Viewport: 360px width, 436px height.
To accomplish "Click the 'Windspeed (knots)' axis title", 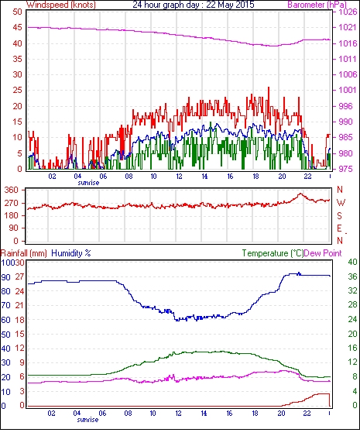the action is (61, 5).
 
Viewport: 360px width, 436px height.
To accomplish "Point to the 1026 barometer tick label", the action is (348, 12).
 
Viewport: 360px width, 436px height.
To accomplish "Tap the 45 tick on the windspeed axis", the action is (18, 28).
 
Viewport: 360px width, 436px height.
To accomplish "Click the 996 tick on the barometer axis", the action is (345, 106).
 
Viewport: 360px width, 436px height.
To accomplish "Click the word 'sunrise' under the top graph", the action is (88, 183).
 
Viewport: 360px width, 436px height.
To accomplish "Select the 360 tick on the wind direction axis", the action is (12, 191).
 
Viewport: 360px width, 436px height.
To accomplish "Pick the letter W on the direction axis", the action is (341, 203).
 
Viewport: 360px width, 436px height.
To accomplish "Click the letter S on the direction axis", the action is (339, 215).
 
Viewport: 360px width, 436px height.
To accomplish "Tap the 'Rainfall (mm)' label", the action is (24, 253).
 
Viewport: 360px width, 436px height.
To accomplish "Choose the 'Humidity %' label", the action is (71, 253).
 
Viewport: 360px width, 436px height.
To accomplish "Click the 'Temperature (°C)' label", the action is (273, 253).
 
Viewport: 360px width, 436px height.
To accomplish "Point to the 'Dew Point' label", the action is (323, 253).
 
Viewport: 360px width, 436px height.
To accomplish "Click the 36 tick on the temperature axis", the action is (352, 276).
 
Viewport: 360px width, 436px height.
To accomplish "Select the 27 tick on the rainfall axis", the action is (19, 277).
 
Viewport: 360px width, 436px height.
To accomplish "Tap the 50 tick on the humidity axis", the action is (6, 335).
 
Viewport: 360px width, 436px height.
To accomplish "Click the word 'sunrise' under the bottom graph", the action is (87, 420).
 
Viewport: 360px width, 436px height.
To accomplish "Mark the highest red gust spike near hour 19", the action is (269, 88).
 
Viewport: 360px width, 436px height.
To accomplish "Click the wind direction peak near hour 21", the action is (300, 194).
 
